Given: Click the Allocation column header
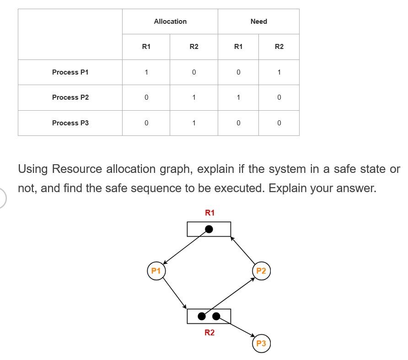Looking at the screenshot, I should (x=170, y=21).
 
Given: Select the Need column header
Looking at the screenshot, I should (x=258, y=21).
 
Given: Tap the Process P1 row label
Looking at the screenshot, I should (x=70, y=72).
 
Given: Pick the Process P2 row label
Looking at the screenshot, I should (x=70, y=97).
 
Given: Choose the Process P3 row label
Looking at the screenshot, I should (x=70, y=123).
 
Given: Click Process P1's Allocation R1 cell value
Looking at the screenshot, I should (x=146, y=72).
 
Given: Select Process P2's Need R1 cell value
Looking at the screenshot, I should (x=238, y=97).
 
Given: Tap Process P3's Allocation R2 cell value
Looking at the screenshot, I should (x=194, y=123).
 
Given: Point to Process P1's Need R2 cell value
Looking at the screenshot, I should (x=279, y=72).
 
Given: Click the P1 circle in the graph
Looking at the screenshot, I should (x=156, y=271).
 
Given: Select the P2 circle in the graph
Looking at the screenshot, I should (x=261, y=271).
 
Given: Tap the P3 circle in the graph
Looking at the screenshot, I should (x=261, y=344).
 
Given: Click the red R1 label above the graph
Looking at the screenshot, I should (x=209, y=213).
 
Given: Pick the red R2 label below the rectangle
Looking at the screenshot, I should (x=209, y=333).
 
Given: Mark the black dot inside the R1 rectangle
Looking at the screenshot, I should (x=209, y=229).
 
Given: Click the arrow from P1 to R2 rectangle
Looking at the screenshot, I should (x=175, y=293).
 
